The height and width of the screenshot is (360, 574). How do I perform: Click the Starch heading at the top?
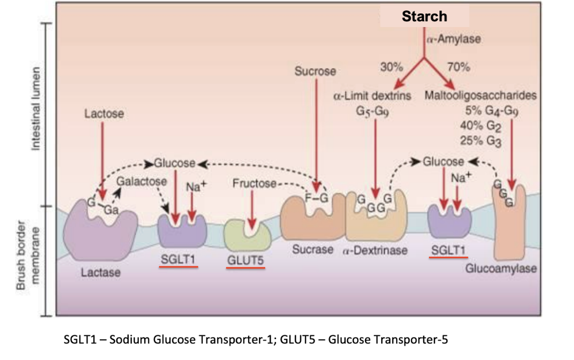(424, 16)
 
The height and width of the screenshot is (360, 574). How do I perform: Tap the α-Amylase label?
(453, 40)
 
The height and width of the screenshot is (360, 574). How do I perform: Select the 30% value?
(392, 67)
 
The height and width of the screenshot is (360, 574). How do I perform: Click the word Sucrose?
(315, 71)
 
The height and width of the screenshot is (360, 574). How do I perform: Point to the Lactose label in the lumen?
(105, 113)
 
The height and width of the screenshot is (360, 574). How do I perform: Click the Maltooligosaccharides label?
(480, 96)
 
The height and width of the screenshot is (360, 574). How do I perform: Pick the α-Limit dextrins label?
(372, 96)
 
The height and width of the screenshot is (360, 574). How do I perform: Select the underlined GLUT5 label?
(245, 260)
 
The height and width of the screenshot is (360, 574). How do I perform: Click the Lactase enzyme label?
(100, 272)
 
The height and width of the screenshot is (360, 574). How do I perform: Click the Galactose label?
(141, 182)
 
